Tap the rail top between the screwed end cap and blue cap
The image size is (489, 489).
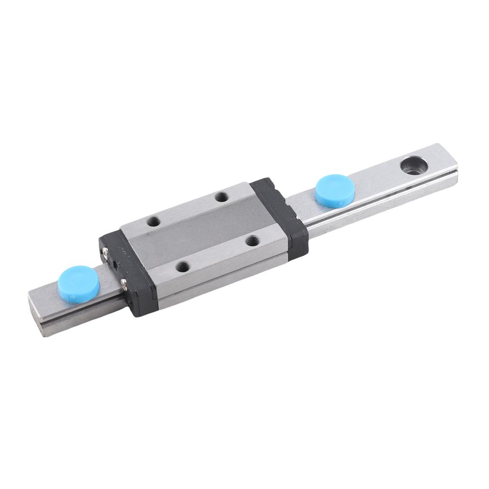click(107, 277)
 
